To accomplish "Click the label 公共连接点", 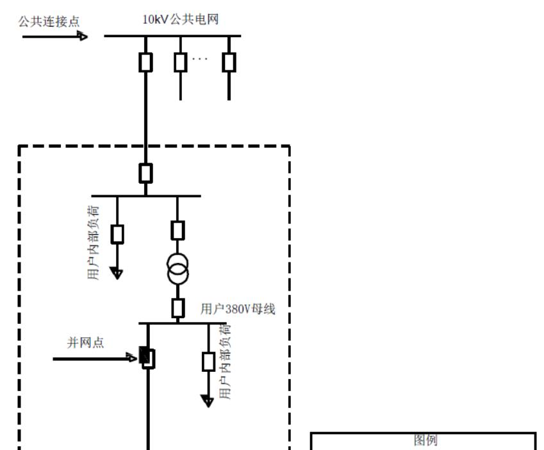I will (49, 22).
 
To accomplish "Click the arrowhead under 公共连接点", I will (83, 36).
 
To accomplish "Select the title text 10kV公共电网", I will (181, 19).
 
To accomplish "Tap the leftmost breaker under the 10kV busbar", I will (146, 62).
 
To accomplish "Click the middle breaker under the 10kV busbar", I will (181, 62).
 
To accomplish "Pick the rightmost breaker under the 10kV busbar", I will (229, 62).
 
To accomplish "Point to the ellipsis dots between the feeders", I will (200, 58).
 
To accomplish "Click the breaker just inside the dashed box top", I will (146, 173).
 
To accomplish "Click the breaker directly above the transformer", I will (178, 230).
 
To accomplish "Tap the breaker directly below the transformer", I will (178, 308).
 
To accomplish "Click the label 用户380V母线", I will (238, 309).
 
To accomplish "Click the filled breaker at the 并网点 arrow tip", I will (147, 358).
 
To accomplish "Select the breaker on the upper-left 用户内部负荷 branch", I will (117, 234).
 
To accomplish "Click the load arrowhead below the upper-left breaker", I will (117, 273).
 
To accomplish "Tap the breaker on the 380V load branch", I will (208, 362).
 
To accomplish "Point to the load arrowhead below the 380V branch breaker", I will (208, 401).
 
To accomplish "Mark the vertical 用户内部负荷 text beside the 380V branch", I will (225, 362).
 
